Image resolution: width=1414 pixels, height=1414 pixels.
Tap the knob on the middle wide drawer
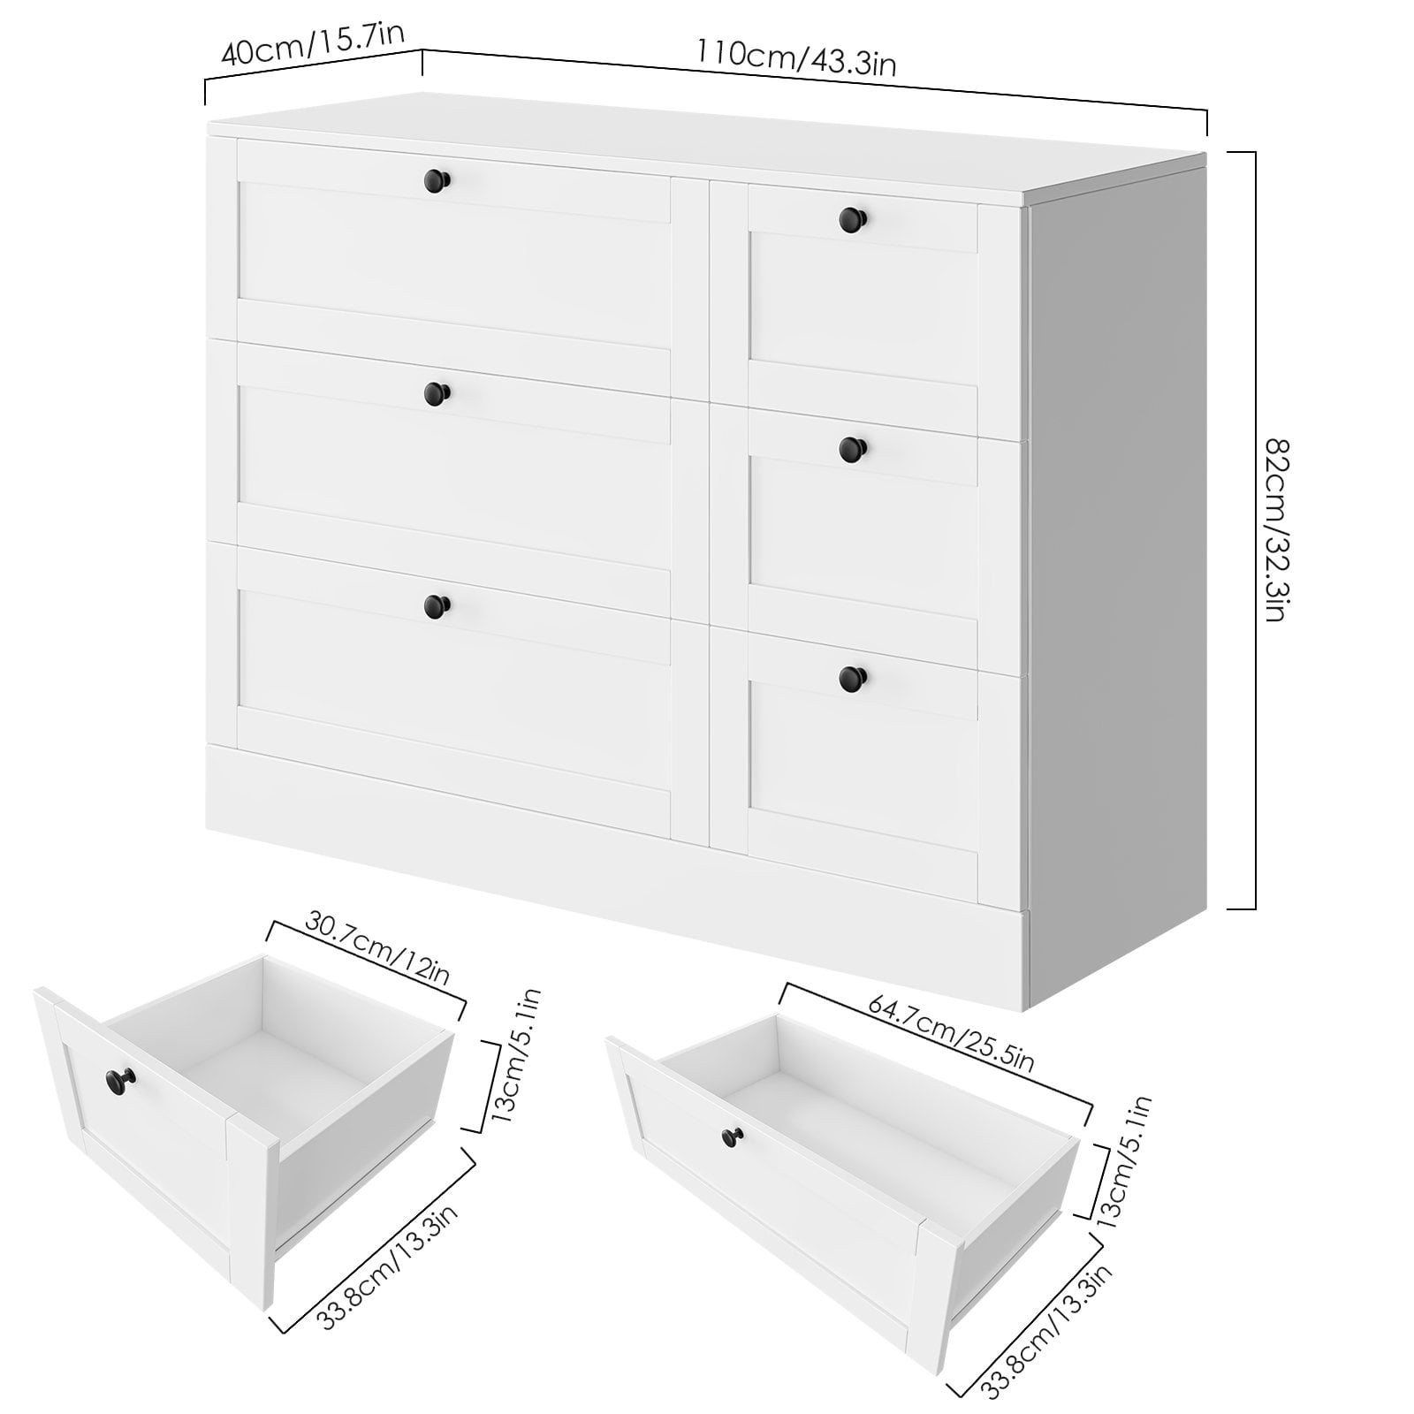click(x=436, y=392)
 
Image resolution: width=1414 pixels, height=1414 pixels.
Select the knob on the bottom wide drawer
click(x=436, y=605)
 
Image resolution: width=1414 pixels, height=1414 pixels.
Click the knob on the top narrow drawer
click(x=852, y=217)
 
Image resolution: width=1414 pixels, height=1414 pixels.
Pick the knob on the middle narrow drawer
click(x=852, y=448)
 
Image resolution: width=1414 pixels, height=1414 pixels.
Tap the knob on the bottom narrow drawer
click(x=852, y=678)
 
